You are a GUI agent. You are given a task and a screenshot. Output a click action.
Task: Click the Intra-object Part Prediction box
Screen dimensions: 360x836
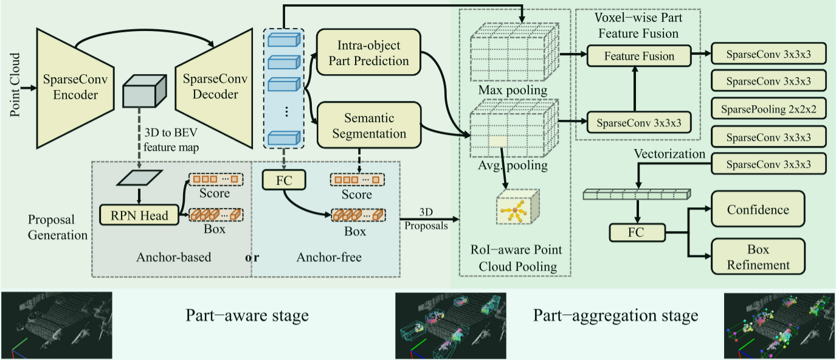point(372,53)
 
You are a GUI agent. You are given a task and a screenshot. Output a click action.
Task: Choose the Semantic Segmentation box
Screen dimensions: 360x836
point(369,125)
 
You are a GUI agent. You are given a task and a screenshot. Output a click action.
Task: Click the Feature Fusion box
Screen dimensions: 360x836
point(639,56)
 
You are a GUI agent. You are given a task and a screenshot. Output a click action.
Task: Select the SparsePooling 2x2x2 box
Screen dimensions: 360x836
point(769,109)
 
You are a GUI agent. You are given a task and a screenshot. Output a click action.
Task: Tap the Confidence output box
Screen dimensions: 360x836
point(758,210)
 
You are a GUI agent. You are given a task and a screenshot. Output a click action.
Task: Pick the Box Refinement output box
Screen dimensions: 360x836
point(758,257)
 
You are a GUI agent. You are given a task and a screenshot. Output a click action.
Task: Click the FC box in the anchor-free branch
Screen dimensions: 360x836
point(283,180)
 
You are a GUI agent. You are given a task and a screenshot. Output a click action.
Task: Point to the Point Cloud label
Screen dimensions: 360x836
point(15,86)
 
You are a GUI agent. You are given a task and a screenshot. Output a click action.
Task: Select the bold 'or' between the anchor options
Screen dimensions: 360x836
point(252,257)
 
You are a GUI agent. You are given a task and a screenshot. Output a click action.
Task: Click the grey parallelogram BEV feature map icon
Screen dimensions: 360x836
point(140,177)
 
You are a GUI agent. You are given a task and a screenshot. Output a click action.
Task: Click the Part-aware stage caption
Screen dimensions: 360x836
point(247,316)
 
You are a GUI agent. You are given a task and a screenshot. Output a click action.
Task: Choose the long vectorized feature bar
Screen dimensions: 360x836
point(637,195)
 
